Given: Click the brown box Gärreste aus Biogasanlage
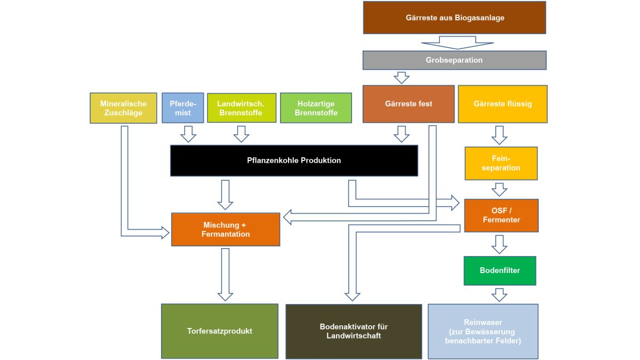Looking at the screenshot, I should click(454, 18).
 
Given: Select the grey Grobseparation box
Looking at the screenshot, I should click(454, 60).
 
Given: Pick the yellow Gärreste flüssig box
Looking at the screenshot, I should click(502, 104).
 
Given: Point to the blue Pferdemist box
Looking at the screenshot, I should click(183, 108).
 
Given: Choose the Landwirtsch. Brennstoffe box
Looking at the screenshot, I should click(242, 108).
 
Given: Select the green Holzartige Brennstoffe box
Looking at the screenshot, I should click(316, 108).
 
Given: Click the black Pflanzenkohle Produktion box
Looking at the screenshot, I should click(294, 161).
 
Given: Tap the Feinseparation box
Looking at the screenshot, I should click(501, 163).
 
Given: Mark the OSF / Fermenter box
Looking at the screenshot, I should click(501, 215).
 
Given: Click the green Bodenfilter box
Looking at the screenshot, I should click(500, 271).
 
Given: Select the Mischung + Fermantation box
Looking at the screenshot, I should click(226, 229).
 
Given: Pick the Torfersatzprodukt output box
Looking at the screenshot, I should click(220, 331).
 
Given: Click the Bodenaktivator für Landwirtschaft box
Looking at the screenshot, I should click(354, 331).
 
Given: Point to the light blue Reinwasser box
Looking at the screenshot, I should click(483, 331).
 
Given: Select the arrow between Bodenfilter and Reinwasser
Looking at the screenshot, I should click(499, 294).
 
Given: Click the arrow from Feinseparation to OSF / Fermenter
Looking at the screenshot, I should click(499, 189).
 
